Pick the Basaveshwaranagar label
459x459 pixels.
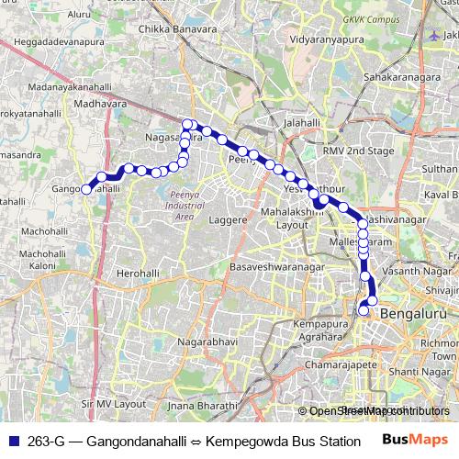(278, 266)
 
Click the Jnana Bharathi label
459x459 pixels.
(204, 405)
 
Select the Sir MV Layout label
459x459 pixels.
(114, 403)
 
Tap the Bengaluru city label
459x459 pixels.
(411, 314)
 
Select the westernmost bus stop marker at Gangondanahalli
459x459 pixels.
(87, 189)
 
